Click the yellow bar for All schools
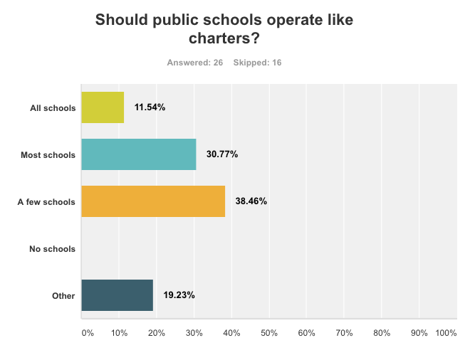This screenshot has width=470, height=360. tap(103, 107)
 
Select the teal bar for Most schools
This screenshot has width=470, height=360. tap(138, 154)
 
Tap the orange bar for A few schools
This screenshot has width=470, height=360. tap(153, 201)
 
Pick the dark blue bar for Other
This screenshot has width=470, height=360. tap(117, 295)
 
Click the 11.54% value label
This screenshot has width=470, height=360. tap(150, 107)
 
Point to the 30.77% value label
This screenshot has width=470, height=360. tap(222, 154)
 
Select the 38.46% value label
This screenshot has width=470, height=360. tap(251, 201)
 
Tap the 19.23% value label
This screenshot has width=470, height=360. tap(179, 295)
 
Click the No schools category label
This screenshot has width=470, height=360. tap(52, 249)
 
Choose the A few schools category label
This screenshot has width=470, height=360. tap(46, 202)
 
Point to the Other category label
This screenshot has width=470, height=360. tap(63, 296)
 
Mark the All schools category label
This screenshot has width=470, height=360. tap(53, 108)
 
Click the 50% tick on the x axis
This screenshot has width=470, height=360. tap(269, 333)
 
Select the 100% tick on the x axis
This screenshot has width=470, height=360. tap(446, 333)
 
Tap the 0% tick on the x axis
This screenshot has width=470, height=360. tap(87, 333)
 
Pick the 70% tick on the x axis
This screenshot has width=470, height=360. tap(344, 333)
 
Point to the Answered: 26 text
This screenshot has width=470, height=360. tap(195, 63)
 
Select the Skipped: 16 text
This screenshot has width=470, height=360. tap(257, 63)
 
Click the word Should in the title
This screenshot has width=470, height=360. tap(123, 20)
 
